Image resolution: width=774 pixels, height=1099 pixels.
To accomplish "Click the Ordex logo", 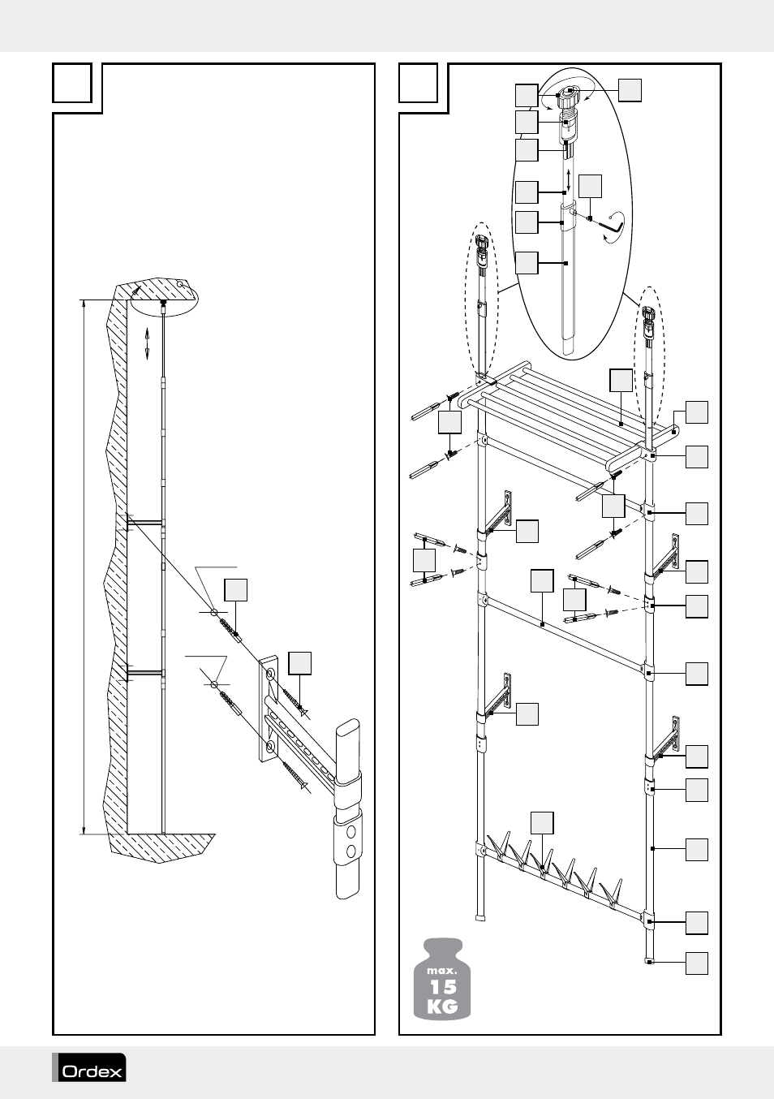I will coord(90,1068).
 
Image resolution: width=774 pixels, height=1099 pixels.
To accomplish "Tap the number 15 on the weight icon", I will coord(444,987).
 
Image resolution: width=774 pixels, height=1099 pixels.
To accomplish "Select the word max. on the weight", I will coord(444,970).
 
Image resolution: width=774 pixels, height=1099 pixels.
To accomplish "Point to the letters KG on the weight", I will coord(444,1006).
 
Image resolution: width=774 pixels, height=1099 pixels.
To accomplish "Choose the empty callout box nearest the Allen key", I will coord(591,186).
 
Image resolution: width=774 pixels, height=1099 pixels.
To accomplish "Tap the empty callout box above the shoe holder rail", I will coord(542,822).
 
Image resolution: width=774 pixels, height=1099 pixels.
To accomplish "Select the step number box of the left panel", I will coord(72,83).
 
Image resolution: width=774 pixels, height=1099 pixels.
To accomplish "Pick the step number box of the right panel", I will coord(419,83).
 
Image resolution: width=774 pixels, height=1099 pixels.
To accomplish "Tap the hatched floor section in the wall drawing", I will coord(162,844).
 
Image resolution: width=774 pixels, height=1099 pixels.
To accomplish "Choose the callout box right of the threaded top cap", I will coord(630,90).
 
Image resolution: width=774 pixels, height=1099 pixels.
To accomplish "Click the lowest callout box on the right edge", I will coord(697,963).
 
